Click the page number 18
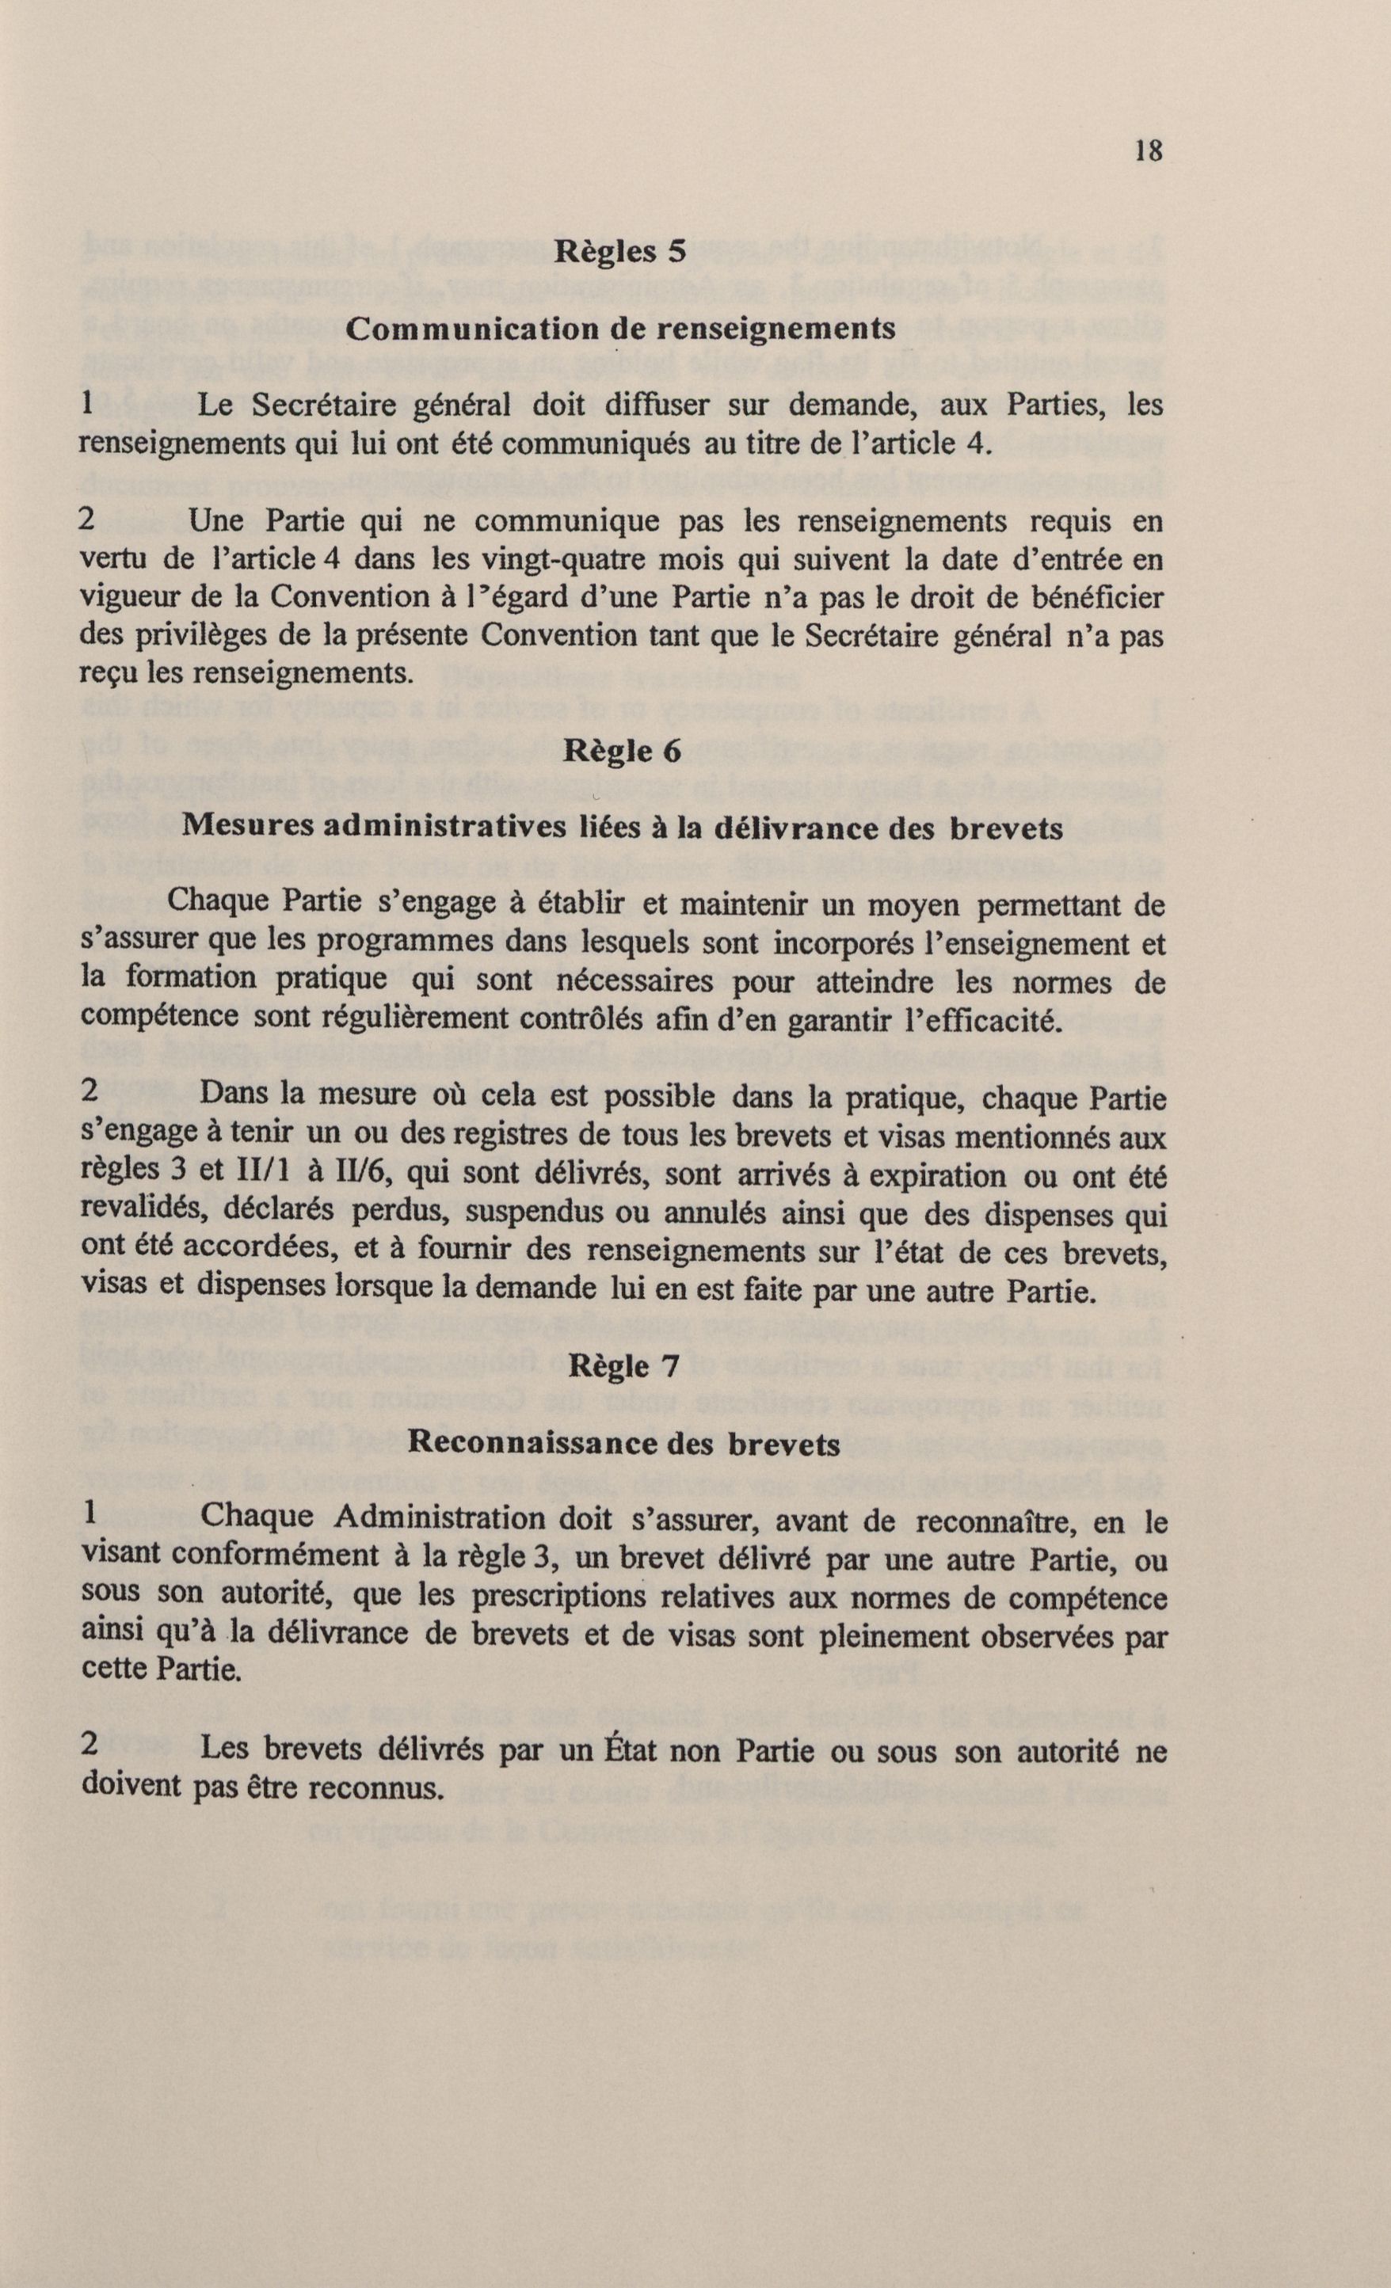(x=1148, y=151)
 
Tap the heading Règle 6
(x=621, y=752)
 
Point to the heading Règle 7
(x=625, y=1366)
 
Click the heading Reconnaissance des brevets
(x=624, y=1443)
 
